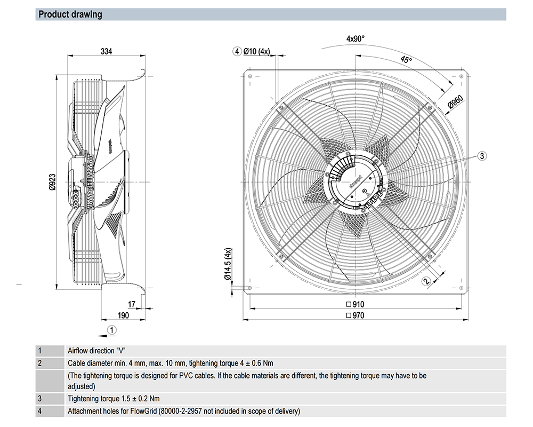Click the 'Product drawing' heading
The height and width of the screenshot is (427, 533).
tap(70, 14)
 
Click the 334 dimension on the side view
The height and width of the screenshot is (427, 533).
tap(107, 52)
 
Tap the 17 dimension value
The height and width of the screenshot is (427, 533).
tap(132, 304)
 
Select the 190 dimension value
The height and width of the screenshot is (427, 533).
tap(123, 315)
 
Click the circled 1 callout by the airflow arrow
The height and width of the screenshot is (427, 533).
tap(111, 329)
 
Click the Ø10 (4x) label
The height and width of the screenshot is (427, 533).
tap(257, 51)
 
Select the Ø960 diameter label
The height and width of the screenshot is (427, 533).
tap(455, 101)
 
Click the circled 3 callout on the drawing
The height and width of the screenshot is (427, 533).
tap(481, 156)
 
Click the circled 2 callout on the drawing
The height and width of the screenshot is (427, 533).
tap(425, 281)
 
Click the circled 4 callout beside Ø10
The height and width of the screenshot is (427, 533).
tap(237, 51)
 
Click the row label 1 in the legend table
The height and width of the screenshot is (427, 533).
tap(39, 351)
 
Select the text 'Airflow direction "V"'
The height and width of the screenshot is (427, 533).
tap(96, 351)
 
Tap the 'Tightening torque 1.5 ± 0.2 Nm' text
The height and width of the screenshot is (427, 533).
tap(114, 398)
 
